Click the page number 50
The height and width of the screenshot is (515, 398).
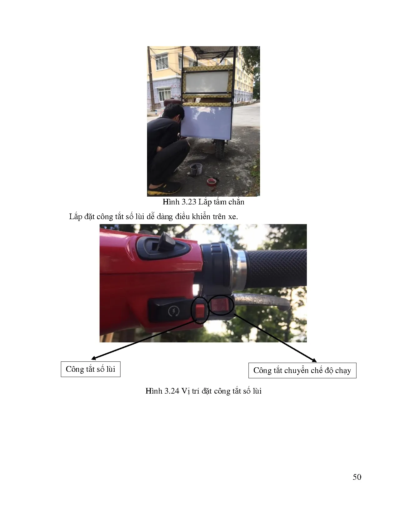coord(357,477)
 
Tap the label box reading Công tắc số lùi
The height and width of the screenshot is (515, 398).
coord(91,369)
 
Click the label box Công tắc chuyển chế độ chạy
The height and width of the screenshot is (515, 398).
coord(302,370)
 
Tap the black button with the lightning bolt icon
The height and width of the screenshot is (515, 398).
coord(170,310)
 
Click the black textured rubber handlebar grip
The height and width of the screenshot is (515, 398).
coord(277,267)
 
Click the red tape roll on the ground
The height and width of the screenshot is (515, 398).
coord(211,182)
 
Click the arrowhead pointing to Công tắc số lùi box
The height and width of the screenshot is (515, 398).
coord(93,359)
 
